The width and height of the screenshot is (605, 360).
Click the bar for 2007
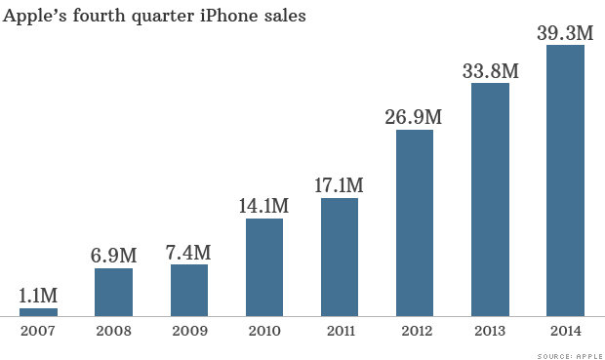(39, 312)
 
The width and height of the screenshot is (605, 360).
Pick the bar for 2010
(264, 267)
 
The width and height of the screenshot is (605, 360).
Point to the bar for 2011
(340, 258)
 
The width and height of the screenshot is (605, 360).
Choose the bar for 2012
(415, 223)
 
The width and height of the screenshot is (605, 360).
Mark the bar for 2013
(490, 200)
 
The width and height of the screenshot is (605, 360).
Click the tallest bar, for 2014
(565, 180)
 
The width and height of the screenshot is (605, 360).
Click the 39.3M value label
(565, 32)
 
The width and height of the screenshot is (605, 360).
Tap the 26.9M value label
(415, 117)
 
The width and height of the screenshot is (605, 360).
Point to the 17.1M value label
(340, 184)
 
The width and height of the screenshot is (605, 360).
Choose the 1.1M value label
(39, 295)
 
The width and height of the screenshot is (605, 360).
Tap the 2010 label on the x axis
(264, 331)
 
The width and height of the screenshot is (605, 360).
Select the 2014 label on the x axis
(565, 331)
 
